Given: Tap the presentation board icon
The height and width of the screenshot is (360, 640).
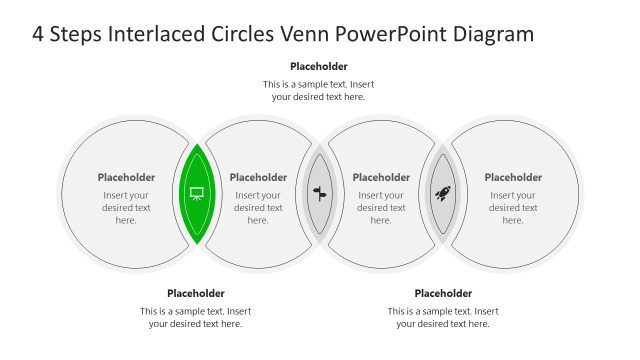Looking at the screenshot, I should coord(196,193).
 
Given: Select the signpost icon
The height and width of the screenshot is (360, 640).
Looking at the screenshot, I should coord(320,193).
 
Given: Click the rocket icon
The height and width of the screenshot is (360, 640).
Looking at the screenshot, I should coord(443,193).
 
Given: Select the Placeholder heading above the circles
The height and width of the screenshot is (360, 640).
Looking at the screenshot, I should coord(319,67).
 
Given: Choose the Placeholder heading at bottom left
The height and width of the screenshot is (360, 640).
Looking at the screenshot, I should coord(196,293).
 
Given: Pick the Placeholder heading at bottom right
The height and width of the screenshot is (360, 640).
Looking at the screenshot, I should coord(443,293).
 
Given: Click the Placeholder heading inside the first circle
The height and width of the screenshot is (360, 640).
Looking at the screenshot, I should coord(126,177).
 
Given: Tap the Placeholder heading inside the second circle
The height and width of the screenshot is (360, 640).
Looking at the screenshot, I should coord(258,177).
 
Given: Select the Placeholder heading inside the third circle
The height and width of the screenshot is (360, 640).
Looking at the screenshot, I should coord(381,177).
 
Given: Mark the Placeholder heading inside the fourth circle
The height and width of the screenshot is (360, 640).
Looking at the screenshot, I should coord(513,177).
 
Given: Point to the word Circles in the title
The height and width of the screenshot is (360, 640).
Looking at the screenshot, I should coord(238,34).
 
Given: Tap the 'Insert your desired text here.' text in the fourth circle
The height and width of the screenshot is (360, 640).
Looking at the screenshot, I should coord(513,208).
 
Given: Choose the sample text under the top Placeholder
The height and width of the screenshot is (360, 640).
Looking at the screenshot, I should coord(319,90).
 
